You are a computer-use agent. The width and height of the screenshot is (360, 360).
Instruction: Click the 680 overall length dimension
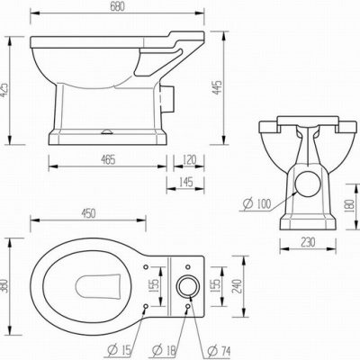coord(117,6)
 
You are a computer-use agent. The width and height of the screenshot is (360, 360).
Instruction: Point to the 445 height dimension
coord(217,87)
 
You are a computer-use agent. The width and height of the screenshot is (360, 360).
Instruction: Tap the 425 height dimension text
coord(4,90)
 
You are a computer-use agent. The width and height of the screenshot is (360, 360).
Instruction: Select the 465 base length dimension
coord(108,160)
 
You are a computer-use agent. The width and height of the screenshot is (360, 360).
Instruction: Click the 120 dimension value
coord(189,159)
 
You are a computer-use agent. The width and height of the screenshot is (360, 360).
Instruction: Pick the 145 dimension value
coord(185,182)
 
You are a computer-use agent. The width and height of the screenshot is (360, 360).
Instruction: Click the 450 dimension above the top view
coord(88,213)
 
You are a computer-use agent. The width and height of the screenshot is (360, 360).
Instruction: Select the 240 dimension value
coord(237,287)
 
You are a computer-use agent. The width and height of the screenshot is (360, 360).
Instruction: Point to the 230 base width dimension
coord(308,242)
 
